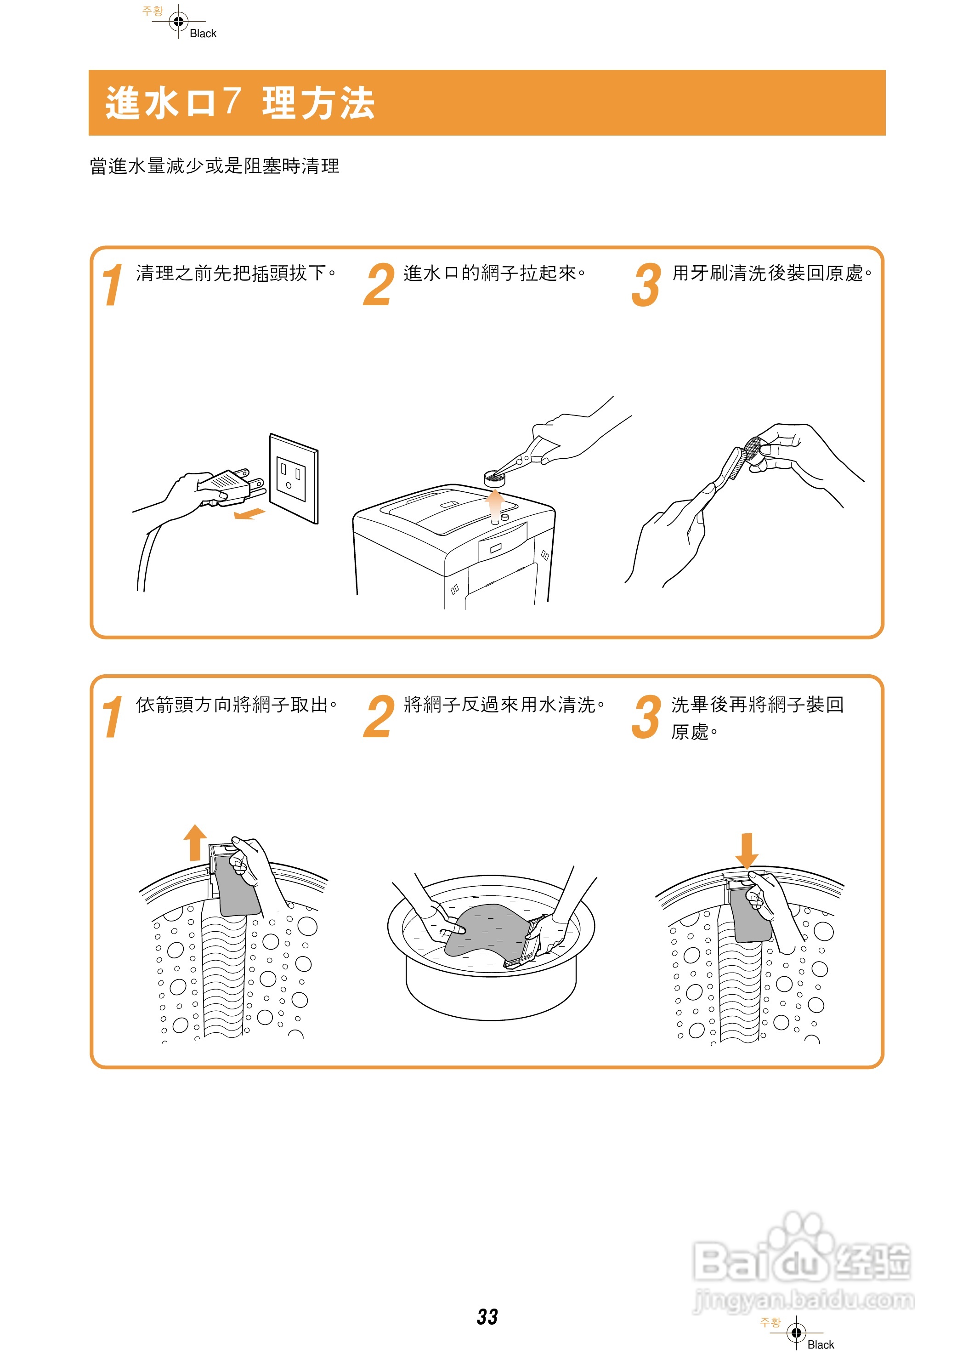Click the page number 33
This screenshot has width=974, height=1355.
tap(487, 1316)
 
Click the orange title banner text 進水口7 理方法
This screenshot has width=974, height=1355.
tap(240, 103)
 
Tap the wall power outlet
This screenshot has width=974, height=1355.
tap(293, 478)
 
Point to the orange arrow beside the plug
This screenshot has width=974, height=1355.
tap(249, 513)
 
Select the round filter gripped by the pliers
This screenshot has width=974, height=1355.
tap(494, 477)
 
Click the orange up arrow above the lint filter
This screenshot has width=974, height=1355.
tap(195, 843)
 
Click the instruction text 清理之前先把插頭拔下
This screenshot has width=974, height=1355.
tap(236, 273)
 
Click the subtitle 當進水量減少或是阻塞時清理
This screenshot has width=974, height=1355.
tap(215, 165)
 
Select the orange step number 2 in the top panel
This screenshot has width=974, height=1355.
tap(379, 285)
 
